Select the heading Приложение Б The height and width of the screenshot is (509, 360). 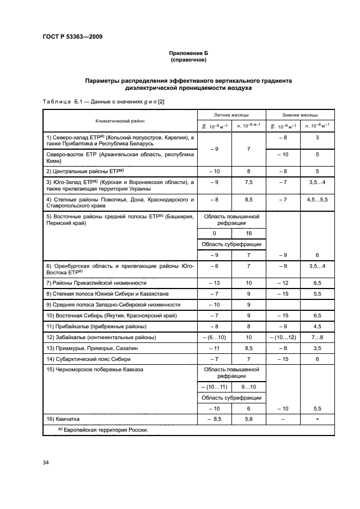[x=188, y=53]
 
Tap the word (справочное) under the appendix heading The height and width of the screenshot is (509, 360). [x=188, y=60]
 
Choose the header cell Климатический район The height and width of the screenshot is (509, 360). [x=120, y=121]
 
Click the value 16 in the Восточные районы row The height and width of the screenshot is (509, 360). [x=248, y=234]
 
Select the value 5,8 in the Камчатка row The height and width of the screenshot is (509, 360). [x=248, y=419]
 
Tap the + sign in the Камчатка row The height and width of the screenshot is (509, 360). [x=317, y=419]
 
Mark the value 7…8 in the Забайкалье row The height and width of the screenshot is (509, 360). [x=317, y=338]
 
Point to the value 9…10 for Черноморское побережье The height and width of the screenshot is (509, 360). [x=248, y=387]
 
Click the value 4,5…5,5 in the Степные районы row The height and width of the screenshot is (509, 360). [x=317, y=199]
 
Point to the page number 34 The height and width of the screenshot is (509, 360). [x=46, y=463]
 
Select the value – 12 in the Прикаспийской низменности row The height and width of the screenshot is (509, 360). [x=283, y=283]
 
